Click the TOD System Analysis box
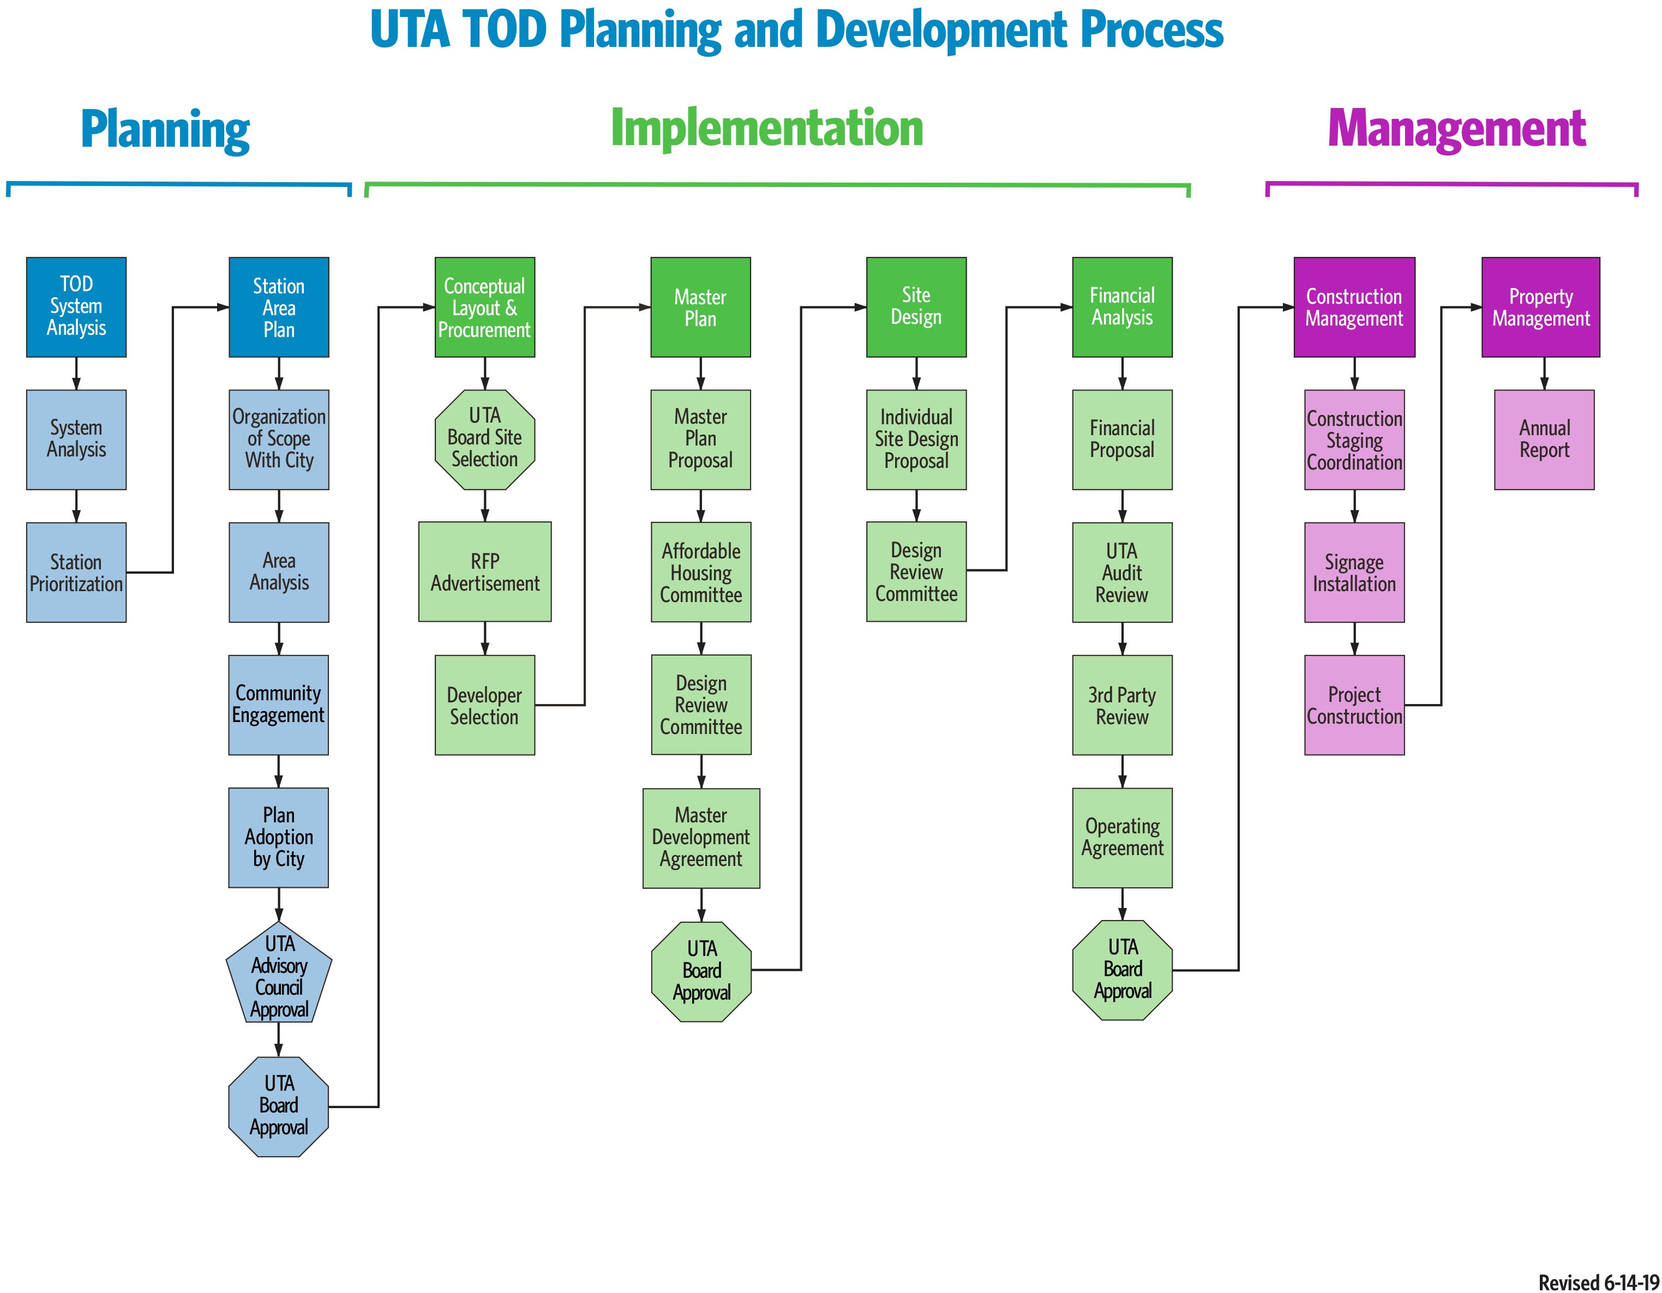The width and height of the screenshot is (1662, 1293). click(x=76, y=306)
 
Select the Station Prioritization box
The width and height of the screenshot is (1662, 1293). click(x=76, y=572)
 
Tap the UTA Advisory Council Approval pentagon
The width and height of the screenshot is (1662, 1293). click(x=279, y=972)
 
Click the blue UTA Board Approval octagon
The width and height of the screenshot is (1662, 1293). click(x=279, y=1106)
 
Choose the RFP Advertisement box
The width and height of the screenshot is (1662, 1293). click(x=485, y=572)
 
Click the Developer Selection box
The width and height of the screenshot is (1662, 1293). click(x=485, y=706)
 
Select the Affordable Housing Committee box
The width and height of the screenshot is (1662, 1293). click(x=701, y=572)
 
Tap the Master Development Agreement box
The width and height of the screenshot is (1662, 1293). click(x=701, y=838)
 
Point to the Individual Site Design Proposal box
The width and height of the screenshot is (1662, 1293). click(x=916, y=440)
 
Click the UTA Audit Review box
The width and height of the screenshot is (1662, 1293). click(x=1123, y=572)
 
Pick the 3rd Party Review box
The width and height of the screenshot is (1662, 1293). click(x=1123, y=706)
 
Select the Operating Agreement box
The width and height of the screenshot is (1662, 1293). click(x=1123, y=838)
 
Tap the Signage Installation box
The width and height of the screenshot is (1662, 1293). click(x=1354, y=572)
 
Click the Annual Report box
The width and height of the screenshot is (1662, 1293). click(x=1544, y=440)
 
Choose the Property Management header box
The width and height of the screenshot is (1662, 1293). click(x=1541, y=306)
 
